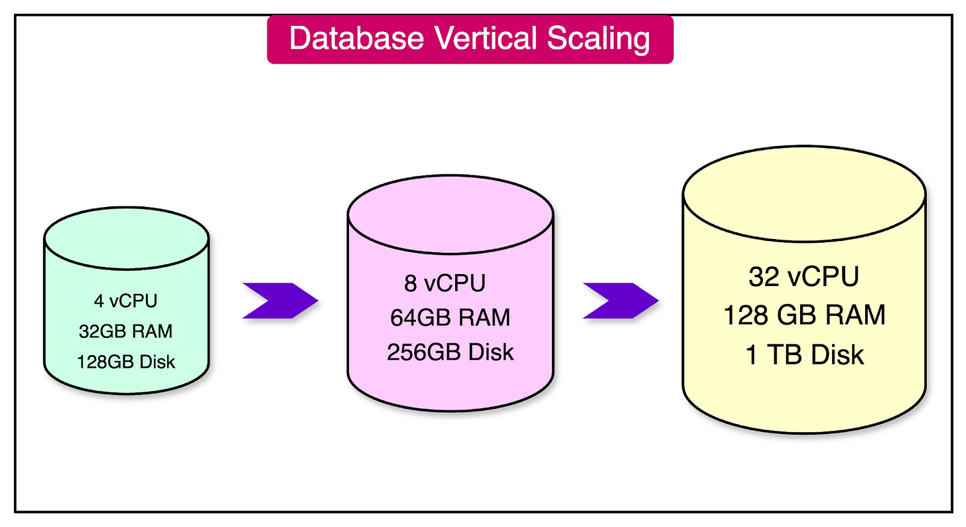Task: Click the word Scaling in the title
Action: coord(598,38)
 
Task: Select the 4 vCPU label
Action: coord(126,301)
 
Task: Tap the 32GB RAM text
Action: coord(126,331)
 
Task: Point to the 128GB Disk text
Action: coord(126,361)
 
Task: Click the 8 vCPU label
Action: coord(445,283)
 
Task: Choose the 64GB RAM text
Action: coord(450,317)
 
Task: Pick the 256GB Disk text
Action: coord(450,352)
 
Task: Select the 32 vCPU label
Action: coord(803,277)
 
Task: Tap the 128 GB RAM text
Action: coord(804,315)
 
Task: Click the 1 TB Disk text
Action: coord(804,354)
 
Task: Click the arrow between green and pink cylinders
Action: coord(279,301)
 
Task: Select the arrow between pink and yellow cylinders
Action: coord(620,301)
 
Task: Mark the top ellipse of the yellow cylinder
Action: coord(804,190)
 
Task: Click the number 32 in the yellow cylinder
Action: coord(763,277)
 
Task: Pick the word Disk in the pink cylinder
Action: coord(491,352)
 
